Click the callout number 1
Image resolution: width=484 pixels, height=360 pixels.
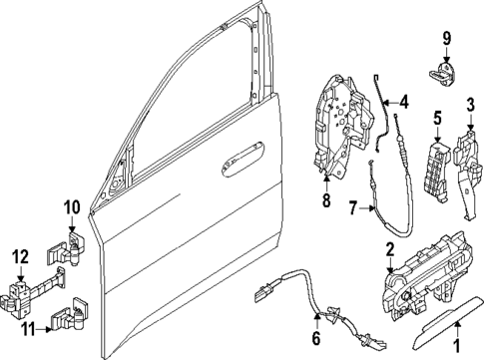coord(458,349)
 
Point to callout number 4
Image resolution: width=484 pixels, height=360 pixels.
coord(403,101)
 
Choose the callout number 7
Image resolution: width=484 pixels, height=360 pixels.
coord(352,208)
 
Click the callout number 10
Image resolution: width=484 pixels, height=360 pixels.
coord(71,207)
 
